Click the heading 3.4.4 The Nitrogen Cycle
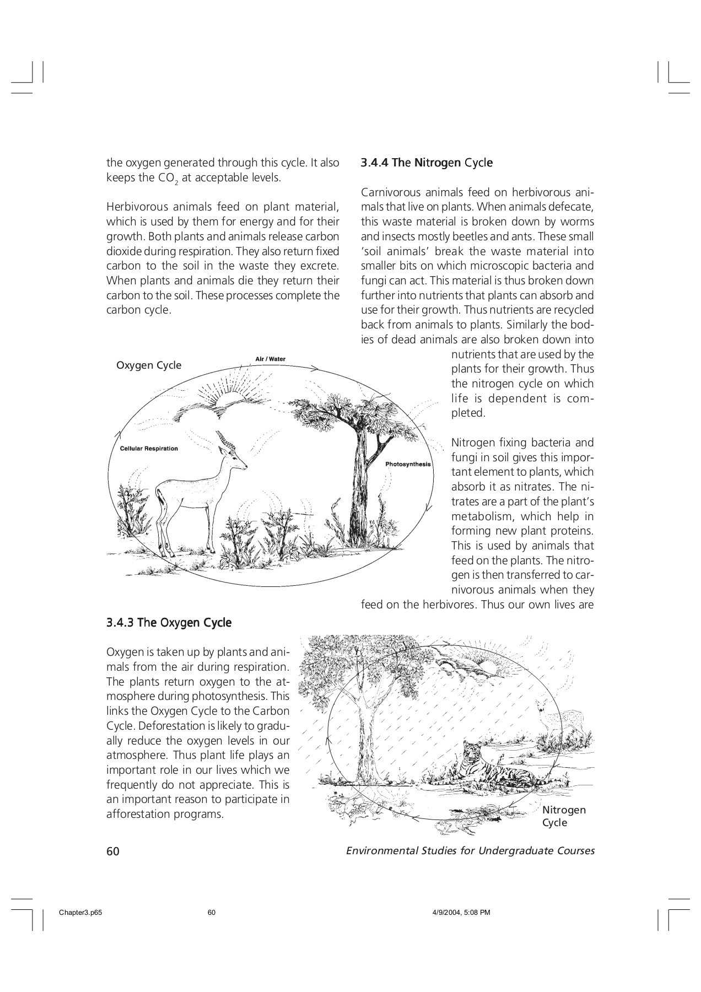[427, 163]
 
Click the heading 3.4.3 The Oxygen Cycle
[169, 623]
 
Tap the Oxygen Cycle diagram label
[149, 365]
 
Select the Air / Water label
[271, 359]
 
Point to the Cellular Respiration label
[149, 449]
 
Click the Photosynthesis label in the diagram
[408, 464]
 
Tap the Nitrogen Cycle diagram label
[564, 816]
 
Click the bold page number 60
[113, 851]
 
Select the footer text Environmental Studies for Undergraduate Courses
[470, 850]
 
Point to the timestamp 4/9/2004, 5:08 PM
[459, 913]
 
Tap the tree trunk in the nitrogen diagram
[365, 738]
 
